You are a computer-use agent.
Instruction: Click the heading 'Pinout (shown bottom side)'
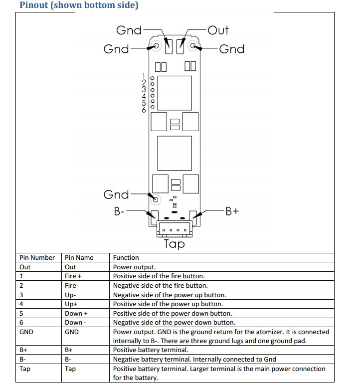pyautogui.click(x=79, y=5)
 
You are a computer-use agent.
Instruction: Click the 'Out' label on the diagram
pyautogui.click(x=218, y=30)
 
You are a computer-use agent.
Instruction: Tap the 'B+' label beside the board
pyautogui.click(x=232, y=211)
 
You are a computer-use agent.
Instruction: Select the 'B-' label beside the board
pyautogui.click(x=120, y=211)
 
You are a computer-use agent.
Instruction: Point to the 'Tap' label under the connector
pyautogui.click(x=174, y=244)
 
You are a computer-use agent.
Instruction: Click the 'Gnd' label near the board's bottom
pyautogui.click(x=116, y=194)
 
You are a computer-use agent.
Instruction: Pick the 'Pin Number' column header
pyautogui.click(x=37, y=258)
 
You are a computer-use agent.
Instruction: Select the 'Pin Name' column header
pyautogui.click(x=79, y=258)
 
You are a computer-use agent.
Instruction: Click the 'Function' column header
pyautogui.click(x=126, y=258)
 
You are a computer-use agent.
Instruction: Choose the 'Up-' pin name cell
pyautogui.click(x=70, y=295)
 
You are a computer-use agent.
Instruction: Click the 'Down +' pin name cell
pyautogui.click(x=76, y=314)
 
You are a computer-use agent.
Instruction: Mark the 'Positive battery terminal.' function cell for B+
pyautogui.click(x=151, y=351)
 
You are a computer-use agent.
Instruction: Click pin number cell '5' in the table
pyautogui.click(x=21, y=314)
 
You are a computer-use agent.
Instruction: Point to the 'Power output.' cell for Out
pyautogui.click(x=134, y=267)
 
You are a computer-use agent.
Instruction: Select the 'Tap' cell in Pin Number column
pyautogui.click(x=25, y=369)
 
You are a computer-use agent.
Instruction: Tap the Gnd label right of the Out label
pyautogui.click(x=232, y=49)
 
